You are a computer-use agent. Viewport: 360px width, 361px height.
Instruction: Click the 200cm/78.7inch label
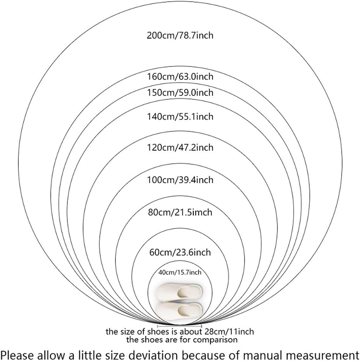[x=180, y=35]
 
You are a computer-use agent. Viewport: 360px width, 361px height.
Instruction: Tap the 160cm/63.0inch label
[x=180, y=77]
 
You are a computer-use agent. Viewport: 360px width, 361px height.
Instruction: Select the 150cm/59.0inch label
[x=180, y=93]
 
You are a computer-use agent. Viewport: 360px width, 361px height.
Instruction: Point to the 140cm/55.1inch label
[x=180, y=117]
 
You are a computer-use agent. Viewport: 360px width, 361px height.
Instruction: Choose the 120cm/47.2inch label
[x=180, y=147]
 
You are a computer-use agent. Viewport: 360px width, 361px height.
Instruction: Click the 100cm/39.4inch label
[x=180, y=180]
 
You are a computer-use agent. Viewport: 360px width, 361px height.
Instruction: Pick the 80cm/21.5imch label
[x=180, y=212]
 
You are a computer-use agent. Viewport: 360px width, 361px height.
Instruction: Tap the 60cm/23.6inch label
[x=180, y=252]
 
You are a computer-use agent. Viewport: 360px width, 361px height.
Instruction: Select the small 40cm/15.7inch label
[x=180, y=272]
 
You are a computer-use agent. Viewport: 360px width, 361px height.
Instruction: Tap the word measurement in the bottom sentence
[x=324, y=354]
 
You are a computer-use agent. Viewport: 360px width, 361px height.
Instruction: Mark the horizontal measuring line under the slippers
[x=180, y=326]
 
